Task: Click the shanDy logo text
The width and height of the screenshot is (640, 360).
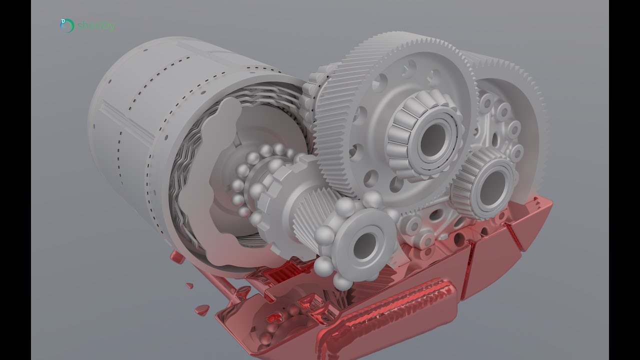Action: [x=96, y=25]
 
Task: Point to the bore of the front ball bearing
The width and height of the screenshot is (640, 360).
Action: [x=365, y=243]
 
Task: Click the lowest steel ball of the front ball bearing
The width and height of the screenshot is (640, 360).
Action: [x=342, y=282]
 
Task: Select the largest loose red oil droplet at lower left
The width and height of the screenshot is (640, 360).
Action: [x=202, y=309]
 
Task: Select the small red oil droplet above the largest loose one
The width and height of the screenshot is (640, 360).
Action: [x=189, y=286]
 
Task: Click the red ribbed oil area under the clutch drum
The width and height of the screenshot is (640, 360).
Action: [x=280, y=272]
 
